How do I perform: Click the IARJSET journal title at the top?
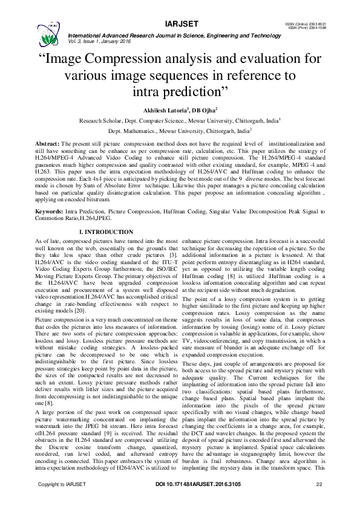[180, 24]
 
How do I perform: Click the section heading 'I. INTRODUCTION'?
[106, 232]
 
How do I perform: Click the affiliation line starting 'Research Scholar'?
[180, 120]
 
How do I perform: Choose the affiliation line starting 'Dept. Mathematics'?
[180, 130]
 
